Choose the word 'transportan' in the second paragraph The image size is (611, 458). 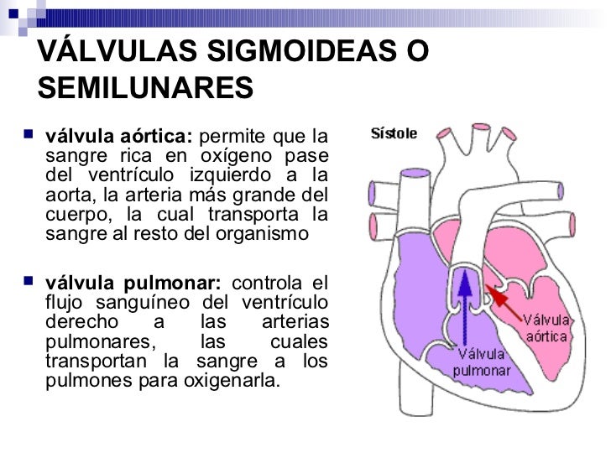88,362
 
